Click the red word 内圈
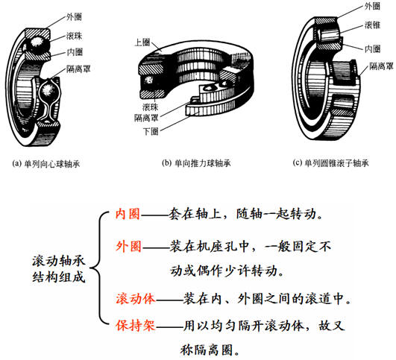(x=128, y=213)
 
